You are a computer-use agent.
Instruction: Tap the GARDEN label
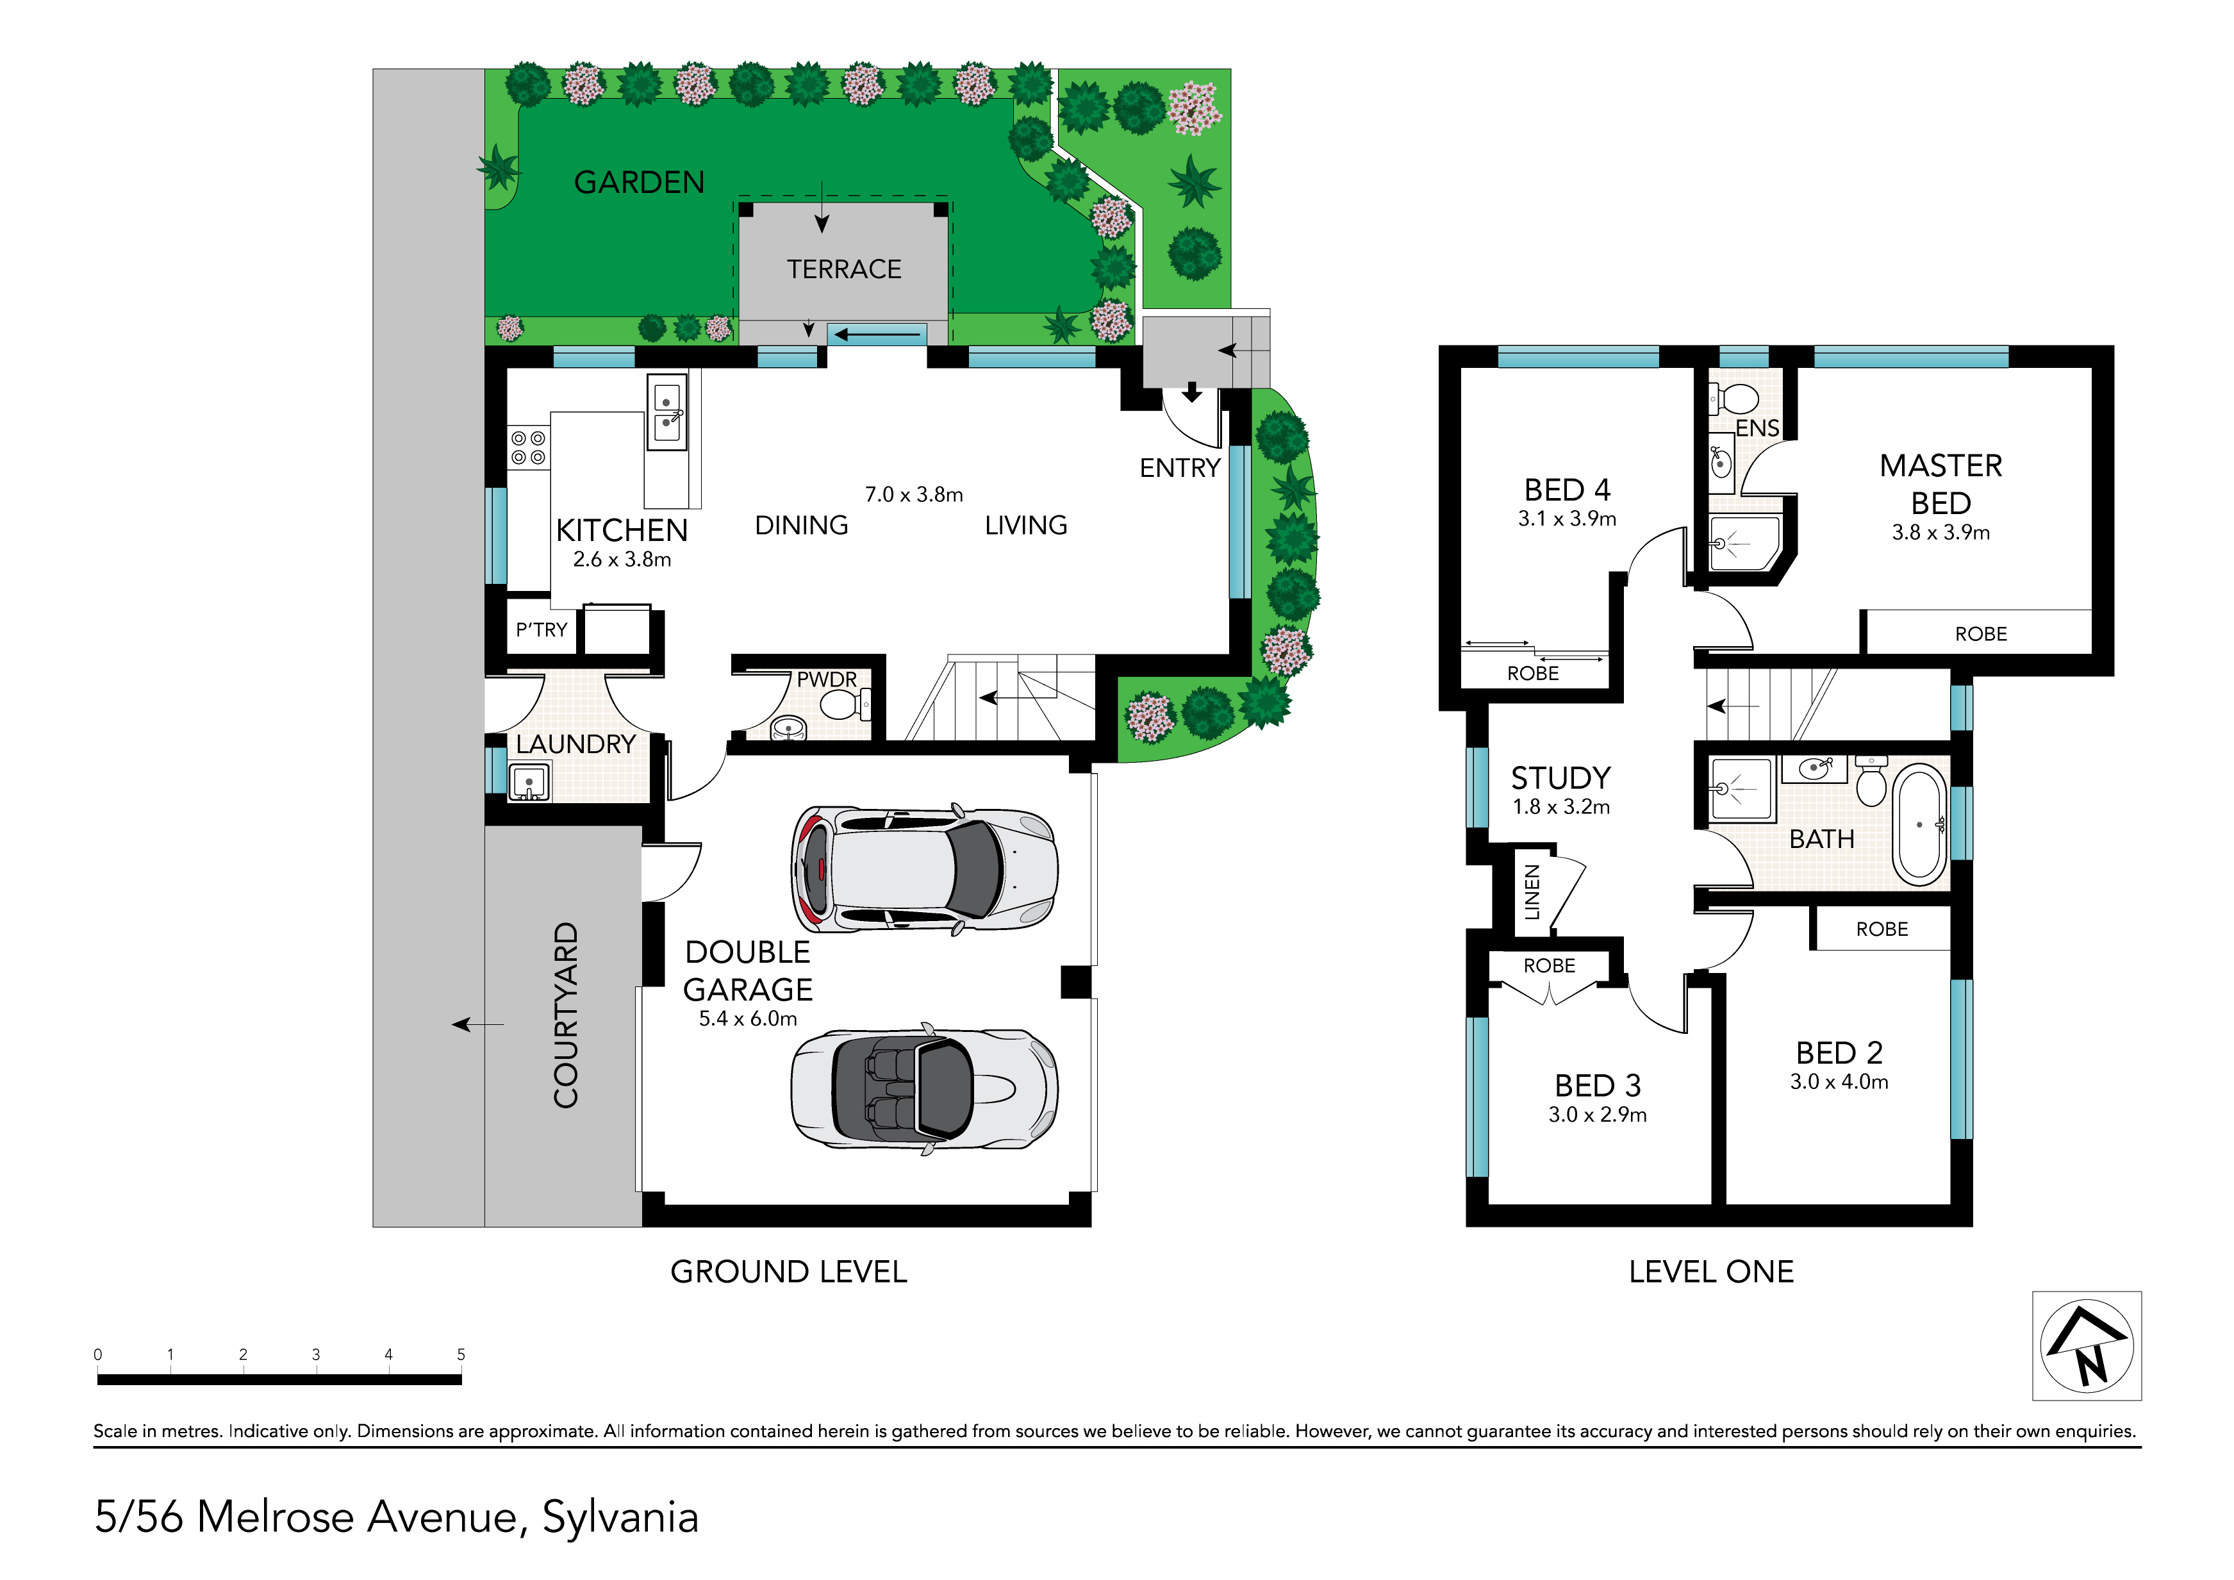640,182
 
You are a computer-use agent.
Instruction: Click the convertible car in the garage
924,1088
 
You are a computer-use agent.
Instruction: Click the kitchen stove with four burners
528,449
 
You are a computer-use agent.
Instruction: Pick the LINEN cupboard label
1532,891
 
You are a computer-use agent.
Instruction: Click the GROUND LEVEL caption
788,1272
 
